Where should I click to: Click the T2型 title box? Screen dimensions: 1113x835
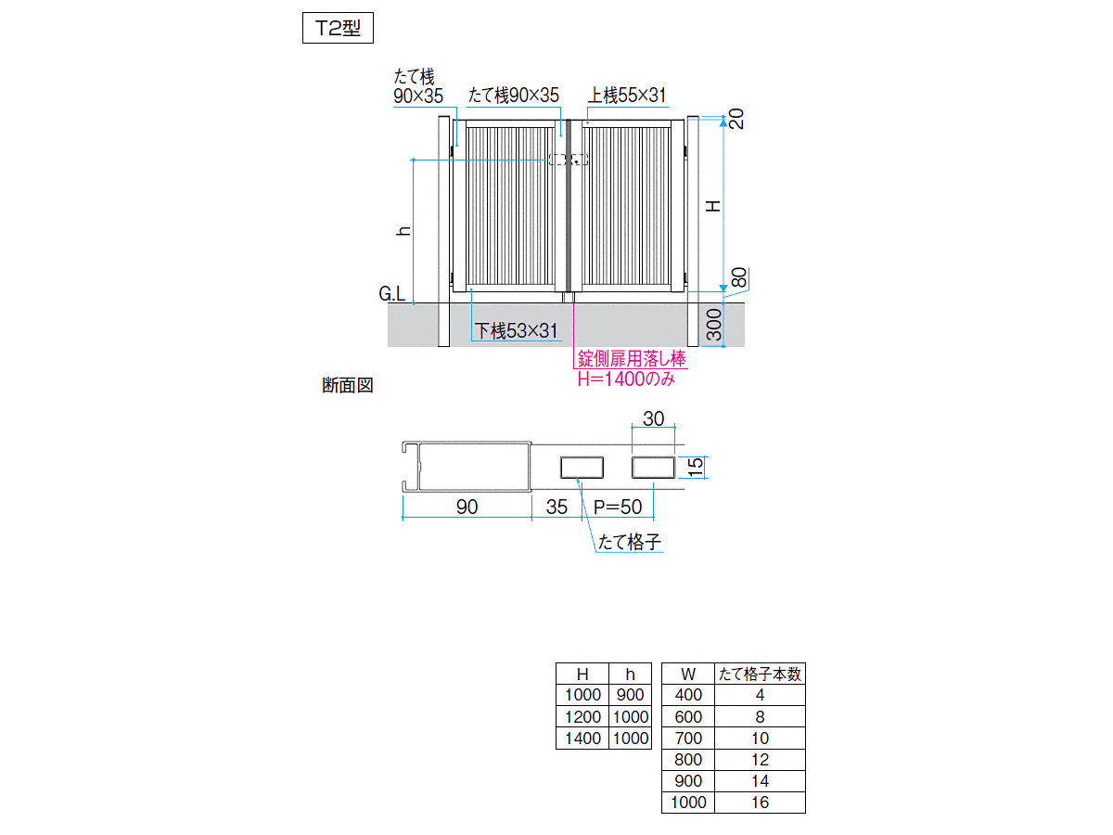point(338,28)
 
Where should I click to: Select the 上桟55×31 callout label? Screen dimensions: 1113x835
point(627,96)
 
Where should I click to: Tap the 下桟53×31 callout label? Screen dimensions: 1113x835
point(516,331)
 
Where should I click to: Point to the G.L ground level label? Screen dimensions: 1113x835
point(392,293)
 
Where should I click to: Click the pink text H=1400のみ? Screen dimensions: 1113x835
point(626,379)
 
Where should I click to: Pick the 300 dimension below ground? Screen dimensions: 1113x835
point(714,325)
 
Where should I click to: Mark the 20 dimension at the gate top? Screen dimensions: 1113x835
point(736,119)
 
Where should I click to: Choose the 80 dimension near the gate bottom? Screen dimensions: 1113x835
point(739,277)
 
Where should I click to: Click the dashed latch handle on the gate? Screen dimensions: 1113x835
point(569,160)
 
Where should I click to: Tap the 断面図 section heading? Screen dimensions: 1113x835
point(348,385)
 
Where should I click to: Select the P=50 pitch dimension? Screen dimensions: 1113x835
point(618,507)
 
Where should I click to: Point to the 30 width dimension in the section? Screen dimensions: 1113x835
point(653,418)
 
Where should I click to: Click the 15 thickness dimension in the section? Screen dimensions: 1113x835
point(697,467)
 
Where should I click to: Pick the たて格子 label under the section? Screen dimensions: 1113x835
point(629,542)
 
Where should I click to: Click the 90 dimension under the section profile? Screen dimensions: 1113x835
point(467,507)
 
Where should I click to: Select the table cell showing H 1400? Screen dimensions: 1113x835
point(582,739)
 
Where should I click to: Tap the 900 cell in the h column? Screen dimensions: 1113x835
point(631,695)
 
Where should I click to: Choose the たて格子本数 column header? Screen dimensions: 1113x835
point(760,674)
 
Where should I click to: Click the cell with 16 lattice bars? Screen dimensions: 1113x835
point(760,802)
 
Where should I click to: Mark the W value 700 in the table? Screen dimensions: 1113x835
point(688,739)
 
